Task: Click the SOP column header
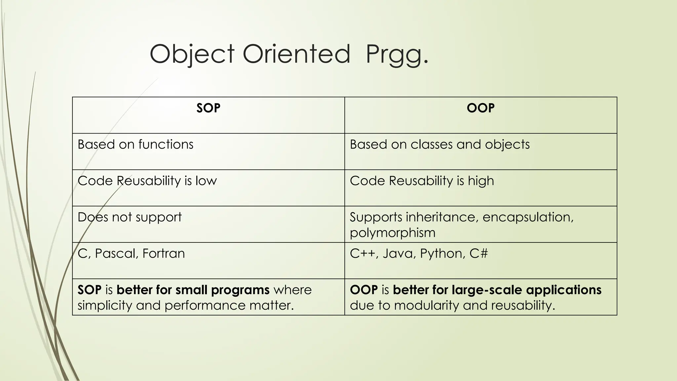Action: (208, 108)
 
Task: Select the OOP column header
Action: (481, 108)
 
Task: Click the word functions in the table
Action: (166, 145)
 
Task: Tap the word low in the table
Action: (206, 181)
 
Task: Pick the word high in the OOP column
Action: (481, 181)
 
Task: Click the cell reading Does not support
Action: (130, 217)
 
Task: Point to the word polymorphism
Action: (392, 233)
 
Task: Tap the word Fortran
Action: (164, 254)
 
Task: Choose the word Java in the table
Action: (398, 254)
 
